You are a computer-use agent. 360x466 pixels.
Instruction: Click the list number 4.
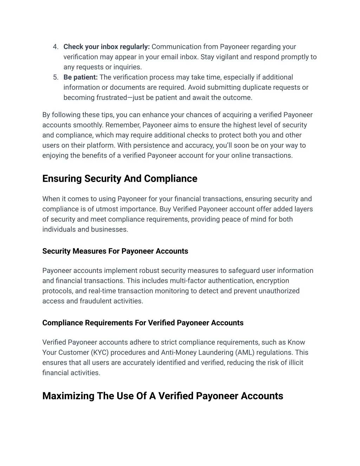(55, 47)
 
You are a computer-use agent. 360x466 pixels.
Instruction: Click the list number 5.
(55, 77)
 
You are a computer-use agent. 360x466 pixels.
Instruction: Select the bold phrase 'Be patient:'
(81, 77)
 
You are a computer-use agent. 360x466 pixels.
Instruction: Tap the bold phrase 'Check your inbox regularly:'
(107, 47)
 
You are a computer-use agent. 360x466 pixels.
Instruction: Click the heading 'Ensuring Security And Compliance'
(120, 179)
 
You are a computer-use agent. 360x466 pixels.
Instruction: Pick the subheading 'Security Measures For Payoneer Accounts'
(115, 251)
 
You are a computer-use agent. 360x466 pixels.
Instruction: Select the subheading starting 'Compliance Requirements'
(143, 323)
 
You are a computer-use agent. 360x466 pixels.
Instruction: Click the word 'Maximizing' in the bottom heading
(69, 396)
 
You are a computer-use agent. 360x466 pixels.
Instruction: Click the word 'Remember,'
(123, 125)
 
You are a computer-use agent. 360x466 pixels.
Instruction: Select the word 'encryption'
(272, 281)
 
